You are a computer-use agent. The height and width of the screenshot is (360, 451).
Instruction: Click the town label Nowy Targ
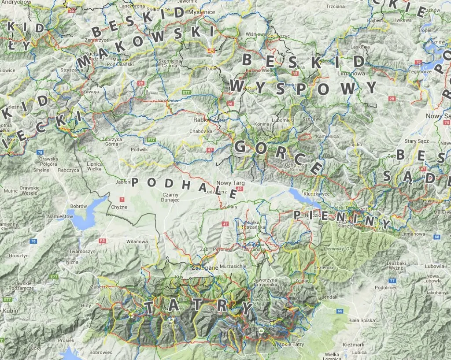point(229,182)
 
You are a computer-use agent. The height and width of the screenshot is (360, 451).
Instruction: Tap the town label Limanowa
point(351,74)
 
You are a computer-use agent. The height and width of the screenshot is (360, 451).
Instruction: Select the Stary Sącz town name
point(417,141)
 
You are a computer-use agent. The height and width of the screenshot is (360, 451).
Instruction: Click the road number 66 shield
point(339,311)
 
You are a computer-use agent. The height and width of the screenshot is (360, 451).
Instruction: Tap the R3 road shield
point(103,241)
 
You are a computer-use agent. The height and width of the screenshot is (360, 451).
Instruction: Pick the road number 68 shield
point(436,237)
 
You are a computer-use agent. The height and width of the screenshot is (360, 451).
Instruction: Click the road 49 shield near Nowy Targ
point(240,189)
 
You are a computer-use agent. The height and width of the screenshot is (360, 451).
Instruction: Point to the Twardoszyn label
point(82,251)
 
